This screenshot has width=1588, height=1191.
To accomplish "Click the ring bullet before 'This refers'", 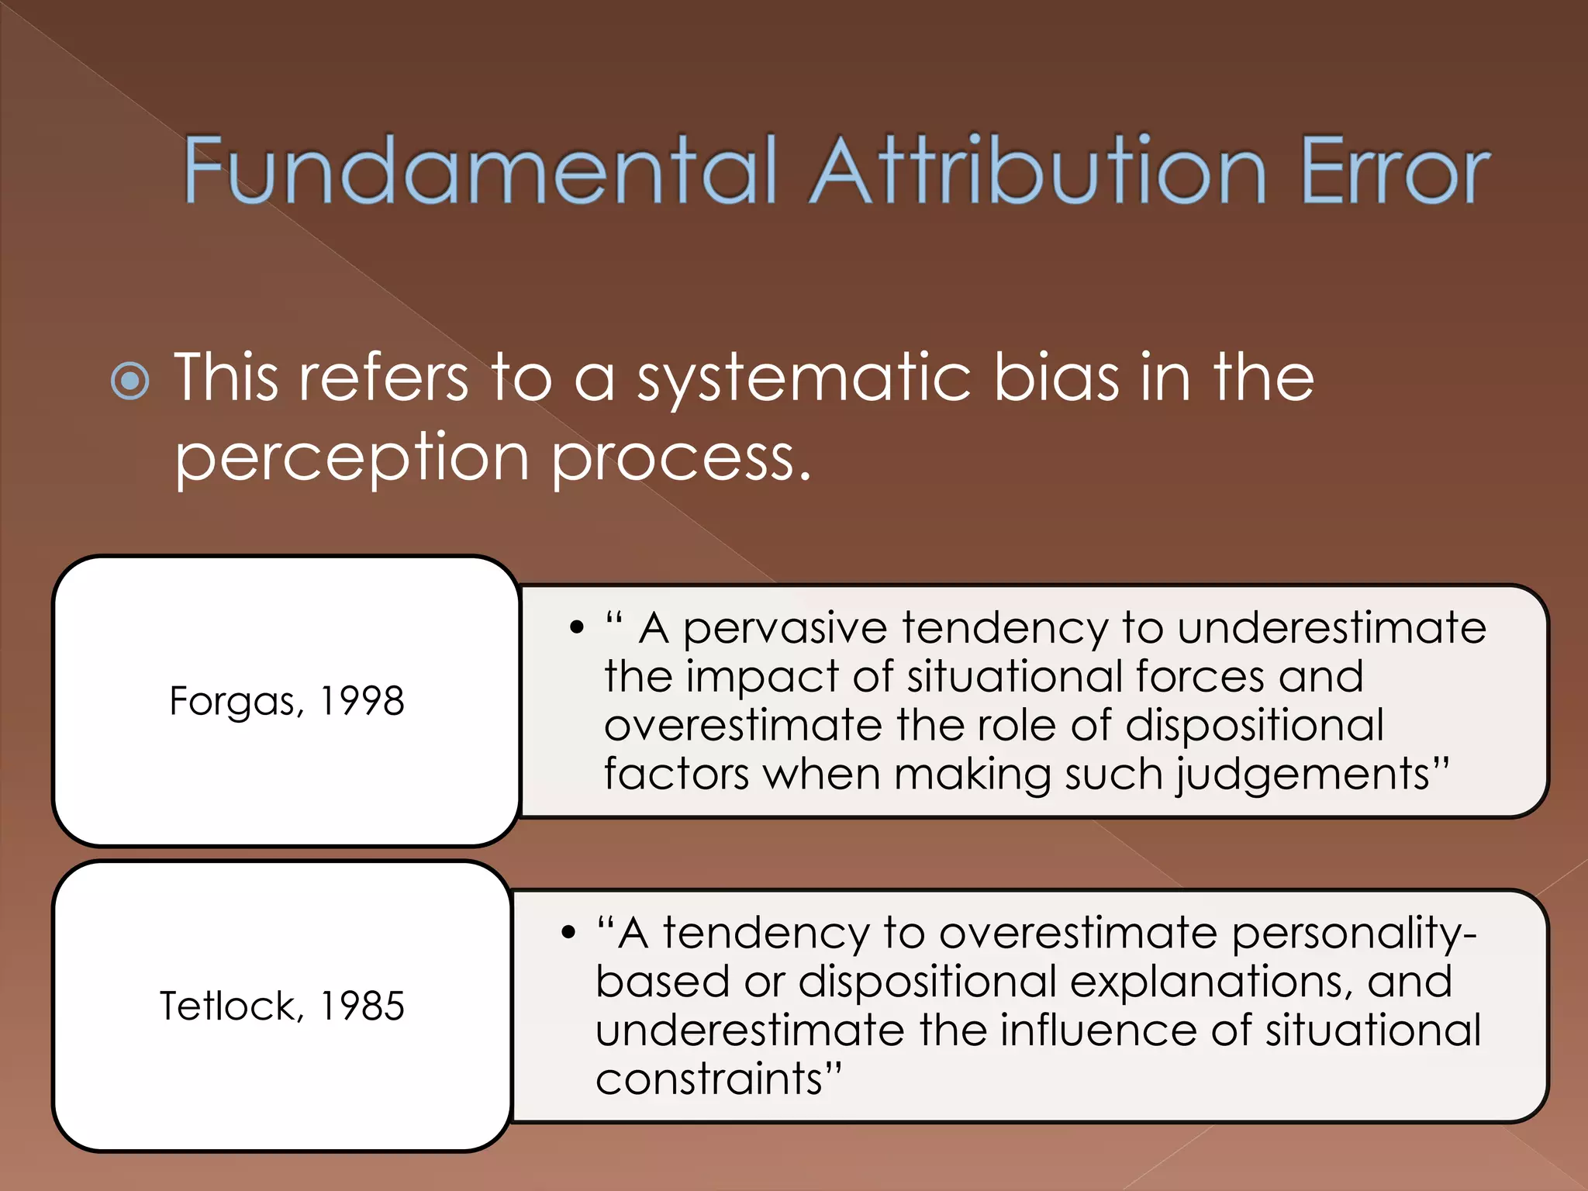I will (130, 381).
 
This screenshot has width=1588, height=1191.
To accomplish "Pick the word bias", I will (1056, 378).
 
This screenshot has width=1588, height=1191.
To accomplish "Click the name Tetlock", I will (228, 1006).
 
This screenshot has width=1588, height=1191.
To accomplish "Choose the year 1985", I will (362, 1006).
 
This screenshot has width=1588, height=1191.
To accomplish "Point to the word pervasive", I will (785, 628).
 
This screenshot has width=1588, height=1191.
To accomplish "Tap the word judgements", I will (1303, 775).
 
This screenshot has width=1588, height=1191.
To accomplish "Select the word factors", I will (676, 774).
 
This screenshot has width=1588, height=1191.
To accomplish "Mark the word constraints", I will (709, 1079).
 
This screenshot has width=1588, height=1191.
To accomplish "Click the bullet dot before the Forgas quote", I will (576, 627).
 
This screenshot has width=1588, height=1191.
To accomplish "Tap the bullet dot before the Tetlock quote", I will (569, 932).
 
